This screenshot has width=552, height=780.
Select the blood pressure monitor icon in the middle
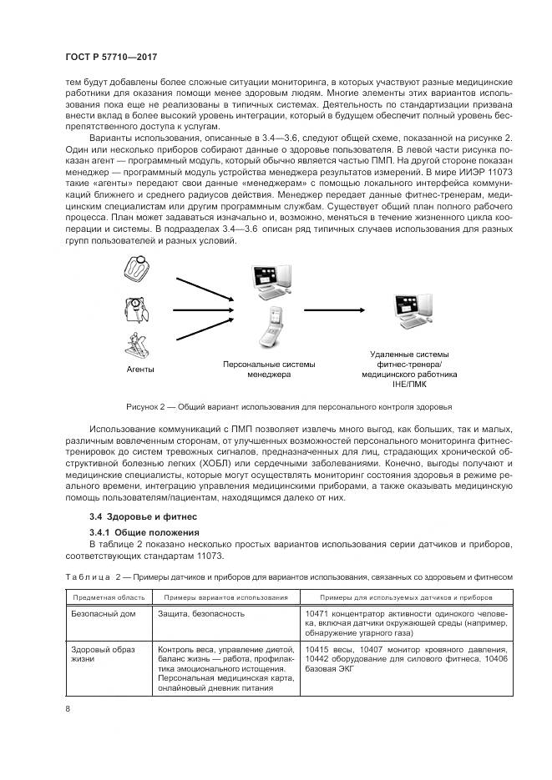click(x=134, y=308)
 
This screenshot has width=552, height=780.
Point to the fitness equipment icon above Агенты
click(x=135, y=344)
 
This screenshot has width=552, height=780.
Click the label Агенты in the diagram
click(x=139, y=369)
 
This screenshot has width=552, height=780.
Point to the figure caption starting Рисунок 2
click(x=289, y=407)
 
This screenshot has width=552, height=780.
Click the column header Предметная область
click(x=109, y=597)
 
